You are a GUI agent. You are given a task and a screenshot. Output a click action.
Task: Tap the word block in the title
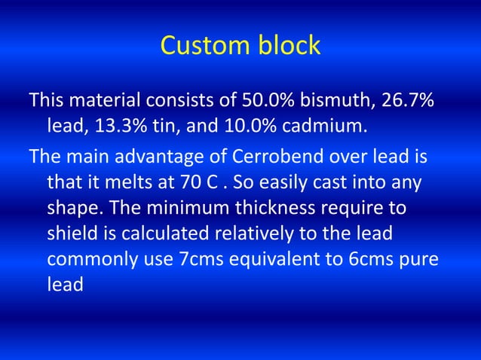click(284, 46)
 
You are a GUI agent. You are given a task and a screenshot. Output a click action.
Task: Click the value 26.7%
click(407, 100)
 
